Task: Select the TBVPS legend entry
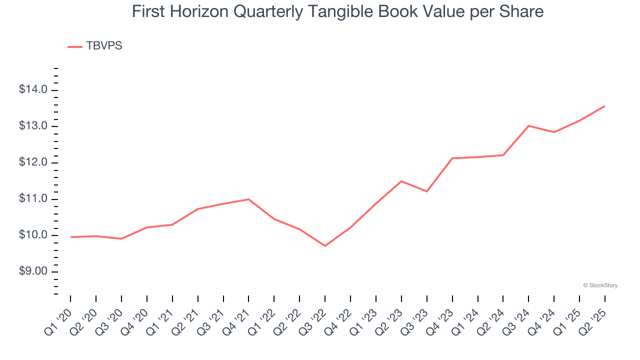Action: [95, 46]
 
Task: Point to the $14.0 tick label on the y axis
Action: [33, 90]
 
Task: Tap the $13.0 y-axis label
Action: [33, 126]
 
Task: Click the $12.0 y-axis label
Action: [33, 162]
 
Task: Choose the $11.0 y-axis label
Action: [33, 199]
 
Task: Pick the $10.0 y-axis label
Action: [33, 235]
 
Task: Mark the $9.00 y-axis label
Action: [33, 272]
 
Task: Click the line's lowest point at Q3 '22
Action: [325, 246]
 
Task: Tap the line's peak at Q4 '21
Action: [248, 199]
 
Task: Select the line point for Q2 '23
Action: [401, 181]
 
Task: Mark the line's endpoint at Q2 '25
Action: [605, 106]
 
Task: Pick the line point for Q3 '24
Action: [528, 125]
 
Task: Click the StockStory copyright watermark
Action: [600, 285]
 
